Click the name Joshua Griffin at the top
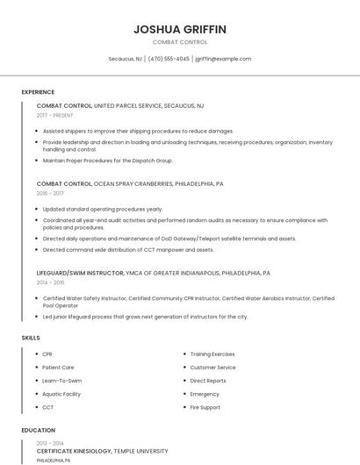point(179,29)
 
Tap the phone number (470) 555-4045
point(169,59)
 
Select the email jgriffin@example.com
point(223,59)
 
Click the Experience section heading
point(38,92)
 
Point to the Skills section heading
point(31,338)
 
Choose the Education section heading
point(38,430)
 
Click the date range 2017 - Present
point(55,115)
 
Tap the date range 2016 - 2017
point(50,193)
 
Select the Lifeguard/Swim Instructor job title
point(80,273)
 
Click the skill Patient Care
point(58,368)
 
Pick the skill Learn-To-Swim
point(61,381)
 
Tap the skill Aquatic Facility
point(61,394)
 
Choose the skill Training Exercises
point(212,354)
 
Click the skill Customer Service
point(212,368)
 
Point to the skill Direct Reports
point(208,381)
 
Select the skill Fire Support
point(205,407)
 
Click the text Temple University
point(140,451)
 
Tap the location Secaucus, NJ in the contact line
point(125,59)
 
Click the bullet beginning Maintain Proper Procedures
point(107,161)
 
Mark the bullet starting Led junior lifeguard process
point(145,317)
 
